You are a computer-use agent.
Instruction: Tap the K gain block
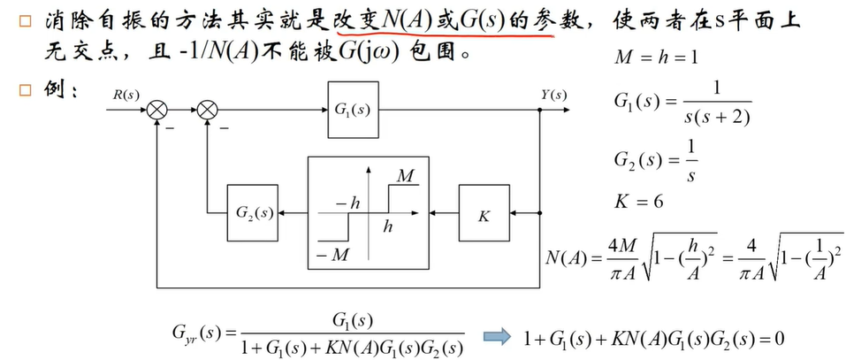coord(484,213)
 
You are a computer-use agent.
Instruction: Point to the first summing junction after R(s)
coord(159,110)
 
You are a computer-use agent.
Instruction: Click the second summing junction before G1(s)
coord(208,110)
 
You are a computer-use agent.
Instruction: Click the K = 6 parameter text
coord(638,200)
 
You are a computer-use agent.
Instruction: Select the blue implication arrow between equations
coord(496,337)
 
